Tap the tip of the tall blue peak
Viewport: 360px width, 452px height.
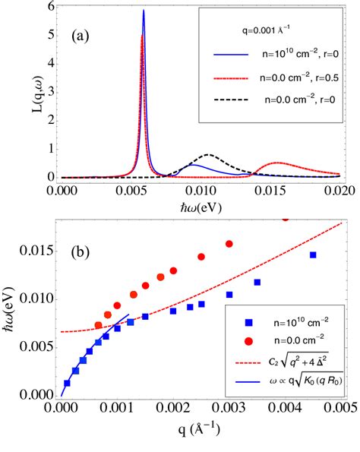[x=144, y=11]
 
